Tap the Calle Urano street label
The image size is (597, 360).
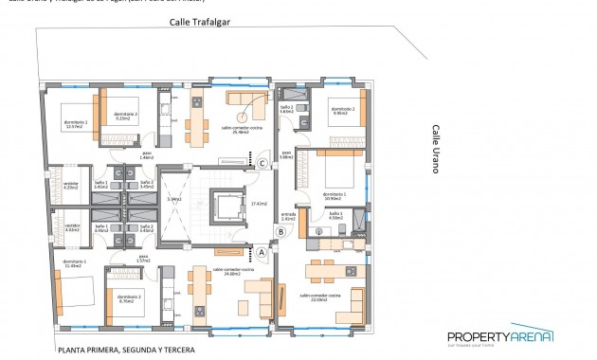click(436, 149)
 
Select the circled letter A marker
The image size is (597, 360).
click(262, 252)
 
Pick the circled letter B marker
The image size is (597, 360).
click(280, 230)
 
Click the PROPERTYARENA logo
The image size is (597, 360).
click(498, 337)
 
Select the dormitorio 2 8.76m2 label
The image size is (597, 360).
click(130, 297)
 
